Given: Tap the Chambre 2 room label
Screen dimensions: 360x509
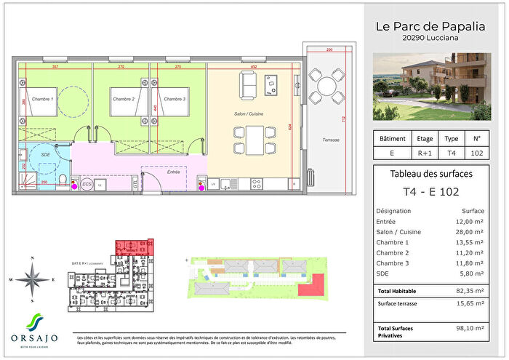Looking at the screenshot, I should (122, 98).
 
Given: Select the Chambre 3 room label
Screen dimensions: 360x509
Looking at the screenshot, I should (175, 98).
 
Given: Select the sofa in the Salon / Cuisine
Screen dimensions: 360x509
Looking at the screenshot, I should (249, 87).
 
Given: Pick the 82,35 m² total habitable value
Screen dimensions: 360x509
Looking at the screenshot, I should (468, 289).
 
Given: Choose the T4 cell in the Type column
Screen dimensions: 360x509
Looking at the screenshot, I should (451, 153).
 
